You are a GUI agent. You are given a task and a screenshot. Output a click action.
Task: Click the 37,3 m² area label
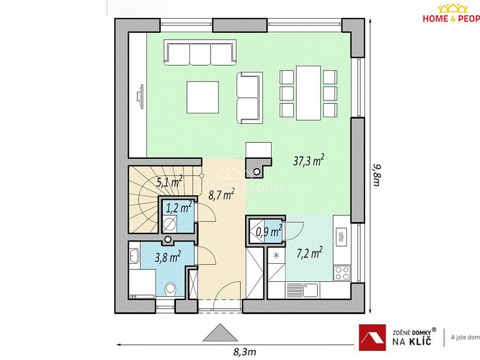click(307, 161)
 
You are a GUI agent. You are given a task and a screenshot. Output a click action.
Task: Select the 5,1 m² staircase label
click(169, 182)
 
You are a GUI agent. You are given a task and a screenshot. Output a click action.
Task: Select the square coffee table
click(203, 97)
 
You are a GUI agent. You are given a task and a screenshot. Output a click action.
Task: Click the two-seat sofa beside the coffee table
click(250, 97)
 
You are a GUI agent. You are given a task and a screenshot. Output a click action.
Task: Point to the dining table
click(308, 92)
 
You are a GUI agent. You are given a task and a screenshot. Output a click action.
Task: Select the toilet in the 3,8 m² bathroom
click(170, 290)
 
